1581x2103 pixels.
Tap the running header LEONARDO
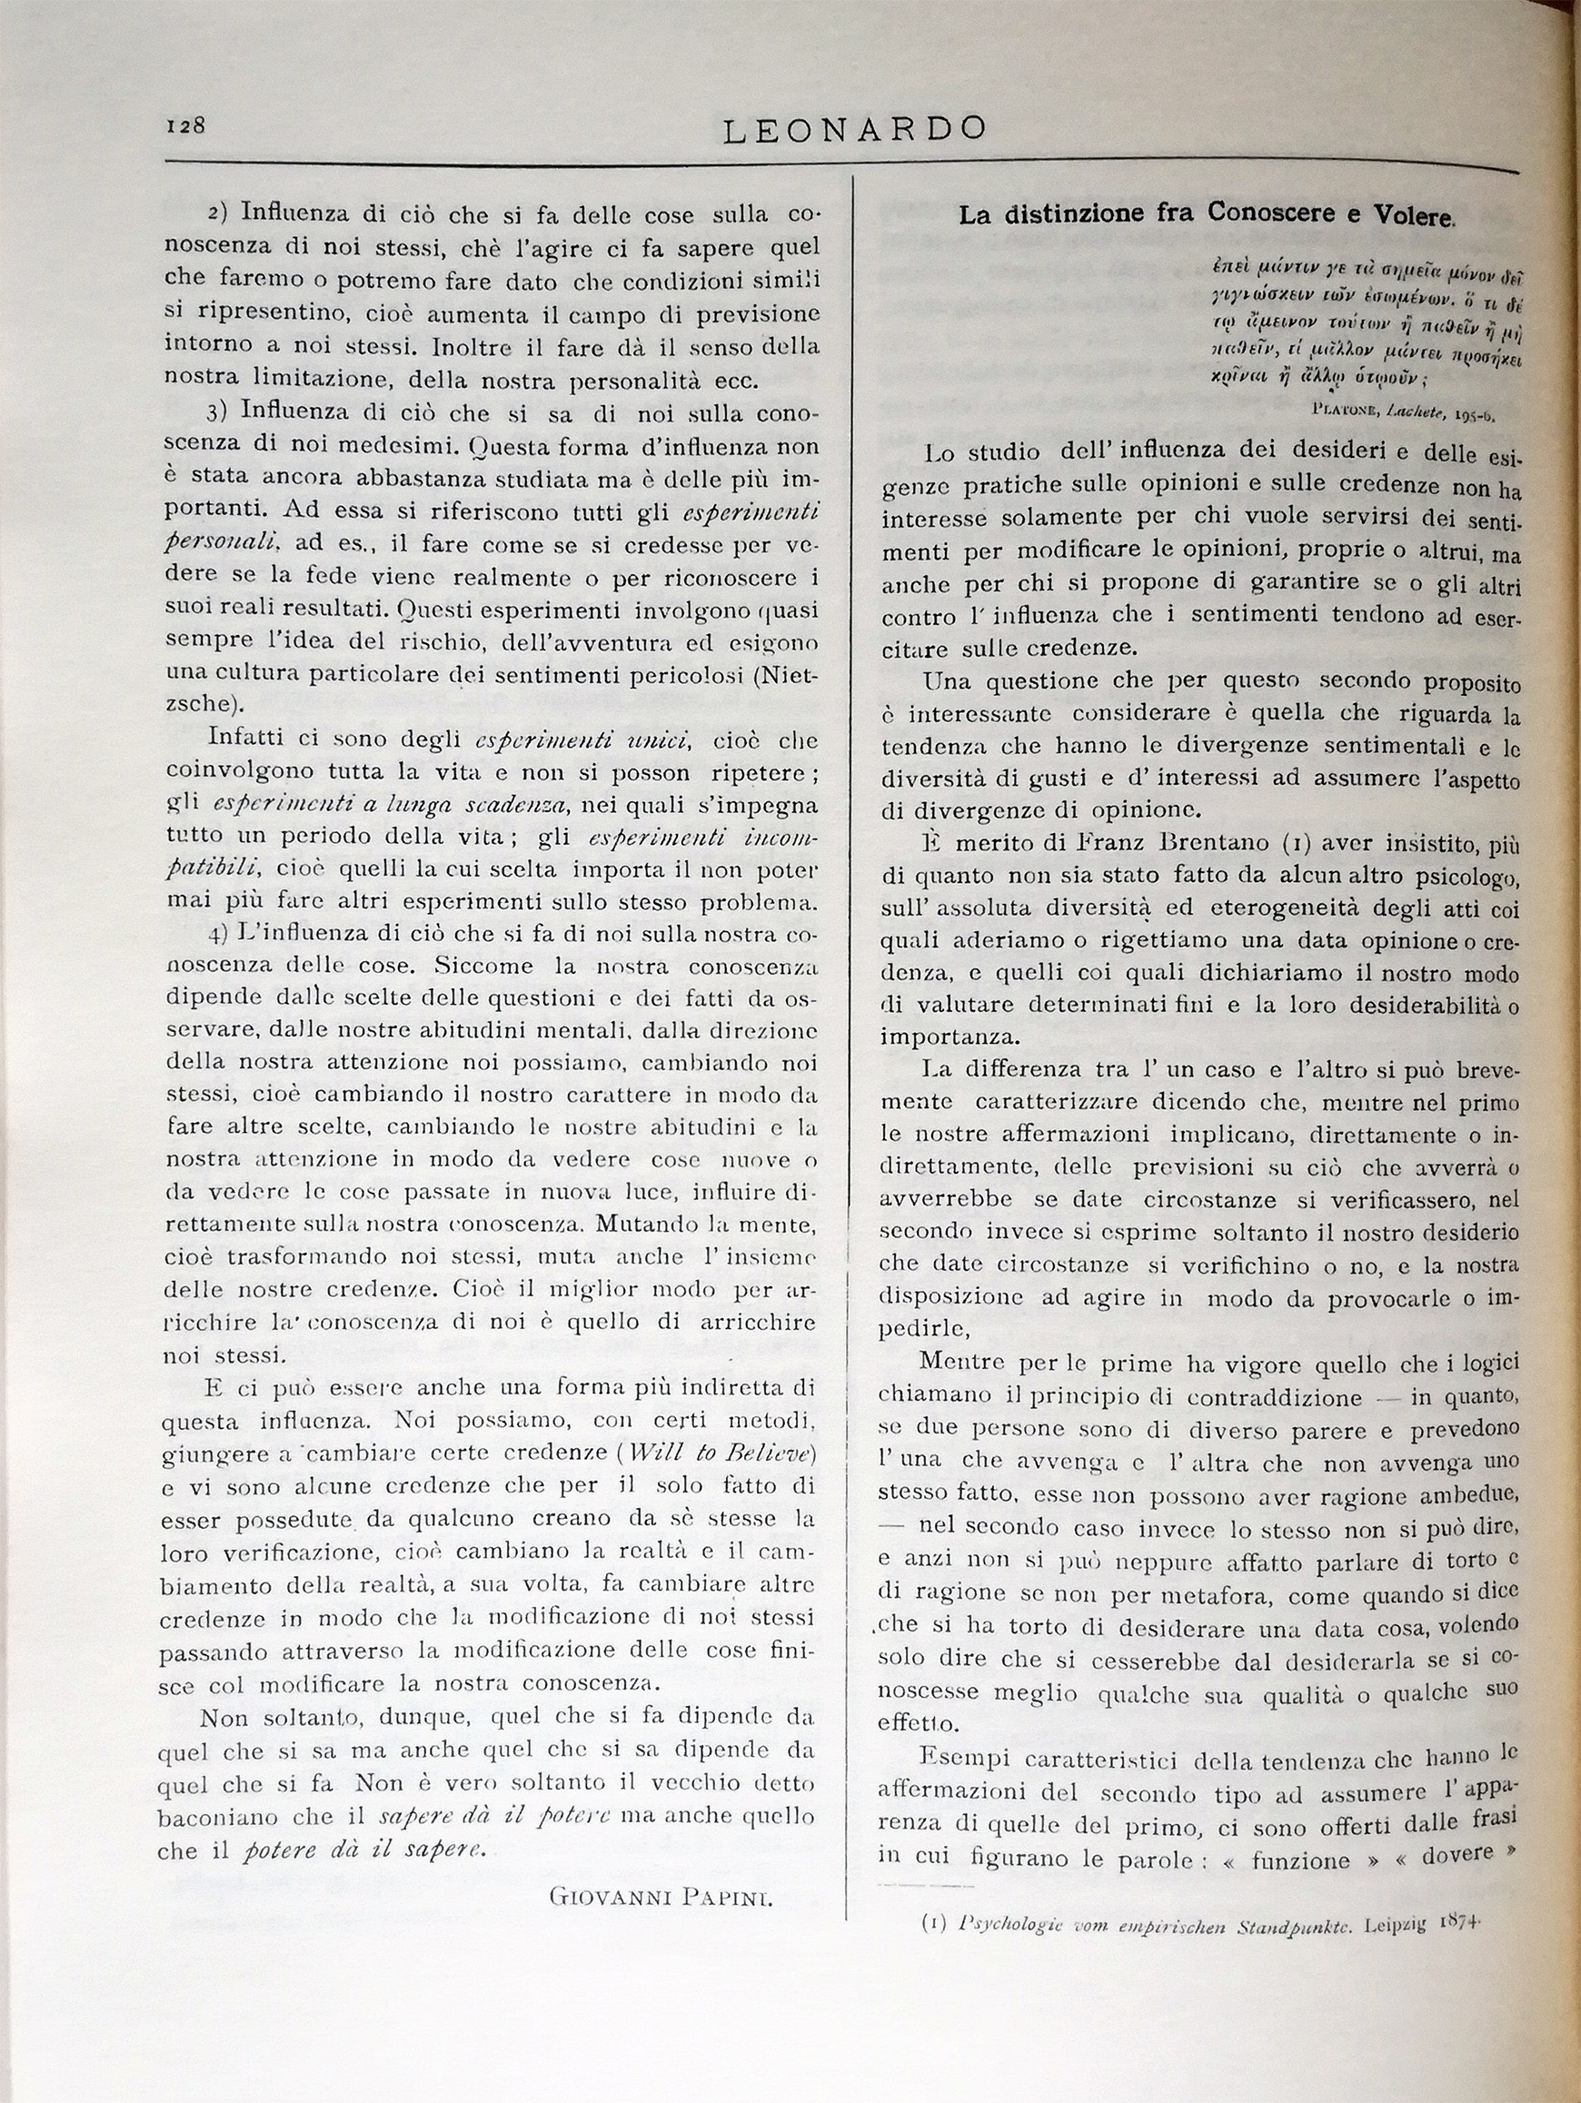pos(854,128)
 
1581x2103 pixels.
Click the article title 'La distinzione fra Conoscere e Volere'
pos(1205,215)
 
